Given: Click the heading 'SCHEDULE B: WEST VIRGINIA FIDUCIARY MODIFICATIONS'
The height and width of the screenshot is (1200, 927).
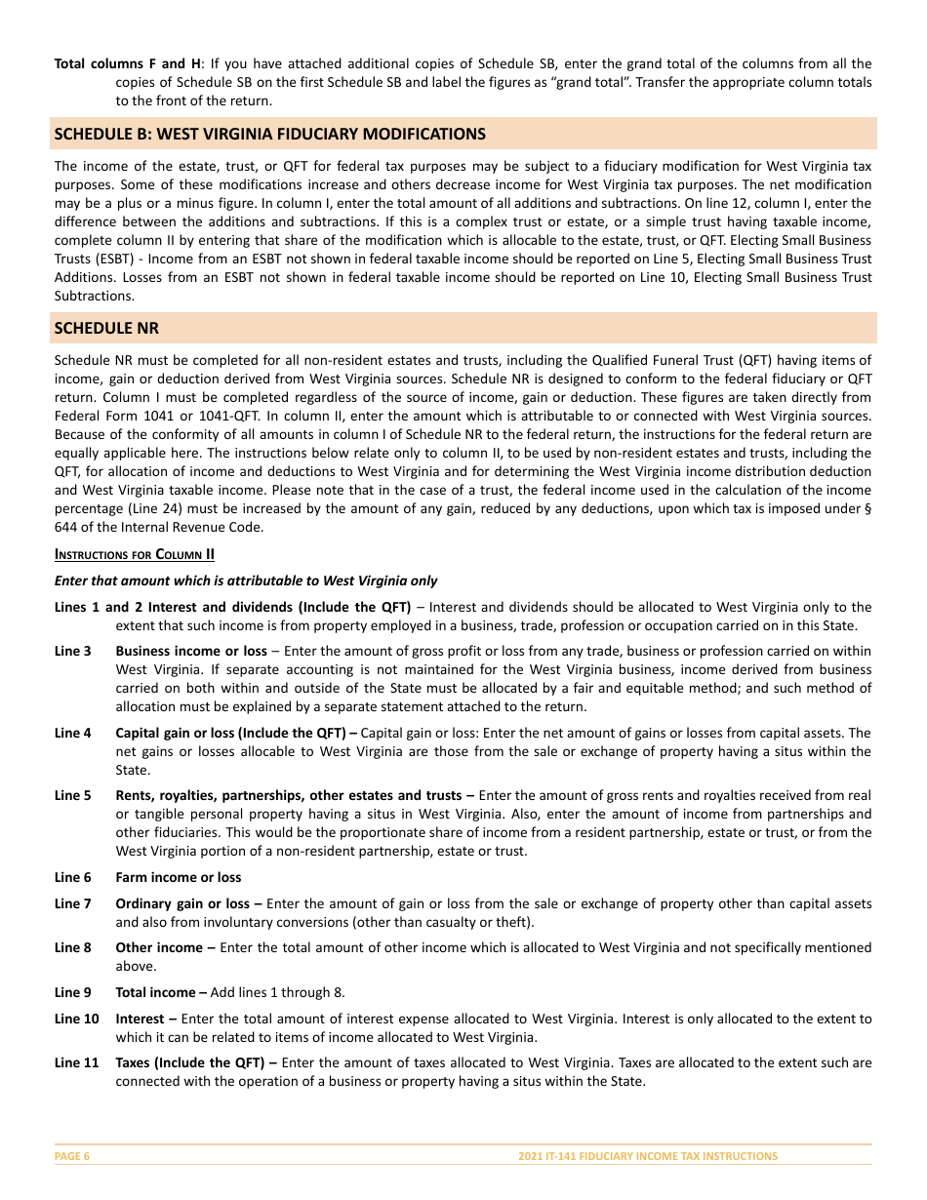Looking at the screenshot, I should pyautogui.click(x=269, y=134).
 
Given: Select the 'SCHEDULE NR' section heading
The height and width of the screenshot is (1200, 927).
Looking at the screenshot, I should pyautogui.click(x=106, y=328).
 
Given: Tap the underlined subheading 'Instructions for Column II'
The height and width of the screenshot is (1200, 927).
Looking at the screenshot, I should pyautogui.click(x=134, y=555).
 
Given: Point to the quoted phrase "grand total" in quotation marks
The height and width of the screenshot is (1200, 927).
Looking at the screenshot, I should pyautogui.click(x=591, y=82).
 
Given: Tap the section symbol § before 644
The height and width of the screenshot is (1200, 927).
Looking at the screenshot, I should pyautogui.click(x=867, y=509).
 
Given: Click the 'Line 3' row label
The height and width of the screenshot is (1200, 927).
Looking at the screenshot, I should pyautogui.click(x=73, y=651).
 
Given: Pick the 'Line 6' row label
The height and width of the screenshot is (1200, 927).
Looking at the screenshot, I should pyautogui.click(x=73, y=877).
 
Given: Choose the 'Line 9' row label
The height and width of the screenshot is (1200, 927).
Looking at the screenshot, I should pyautogui.click(x=73, y=992).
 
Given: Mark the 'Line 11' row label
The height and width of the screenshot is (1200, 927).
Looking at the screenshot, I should pyautogui.click(x=76, y=1062).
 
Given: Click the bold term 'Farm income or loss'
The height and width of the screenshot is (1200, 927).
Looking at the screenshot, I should pyautogui.click(x=178, y=877).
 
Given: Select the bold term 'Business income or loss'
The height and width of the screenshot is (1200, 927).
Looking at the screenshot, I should pyautogui.click(x=191, y=651).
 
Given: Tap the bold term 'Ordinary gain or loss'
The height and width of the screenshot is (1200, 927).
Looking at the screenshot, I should pyautogui.click(x=182, y=903).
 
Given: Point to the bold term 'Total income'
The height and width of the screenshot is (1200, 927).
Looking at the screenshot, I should pyautogui.click(x=156, y=992).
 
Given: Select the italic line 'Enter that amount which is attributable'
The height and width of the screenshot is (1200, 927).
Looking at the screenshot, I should pyautogui.click(x=246, y=580).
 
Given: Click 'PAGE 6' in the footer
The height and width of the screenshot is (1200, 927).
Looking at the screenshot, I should pyautogui.click(x=72, y=1156).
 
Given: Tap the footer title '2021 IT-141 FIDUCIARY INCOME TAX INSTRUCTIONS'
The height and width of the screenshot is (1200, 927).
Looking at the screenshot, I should pyautogui.click(x=648, y=1156).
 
